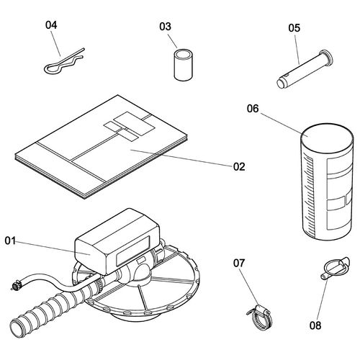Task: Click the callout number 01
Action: pyautogui.click(x=10, y=240)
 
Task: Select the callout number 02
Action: pyautogui.click(x=239, y=166)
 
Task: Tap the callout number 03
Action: pyautogui.click(x=165, y=27)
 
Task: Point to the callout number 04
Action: pyautogui.click(x=51, y=25)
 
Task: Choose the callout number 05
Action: pyautogui.click(x=294, y=28)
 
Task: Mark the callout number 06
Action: pyautogui.click(x=253, y=109)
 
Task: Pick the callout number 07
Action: pyautogui.click(x=239, y=263)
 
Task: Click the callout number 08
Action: pyautogui.click(x=315, y=325)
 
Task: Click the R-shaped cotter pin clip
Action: pyautogui.click(x=64, y=61)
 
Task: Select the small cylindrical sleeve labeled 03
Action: pyautogui.click(x=184, y=65)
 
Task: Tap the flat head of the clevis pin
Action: pyautogui.click(x=326, y=58)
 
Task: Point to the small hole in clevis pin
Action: pyautogui.click(x=287, y=77)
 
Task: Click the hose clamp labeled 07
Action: pyautogui.click(x=261, y=318)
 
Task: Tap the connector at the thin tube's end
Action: pyautogui.click(x=16, y=287)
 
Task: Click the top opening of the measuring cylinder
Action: pyautogui.click(x=327, y=138)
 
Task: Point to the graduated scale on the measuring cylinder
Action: pyautogui.click(x=309, y=194)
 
